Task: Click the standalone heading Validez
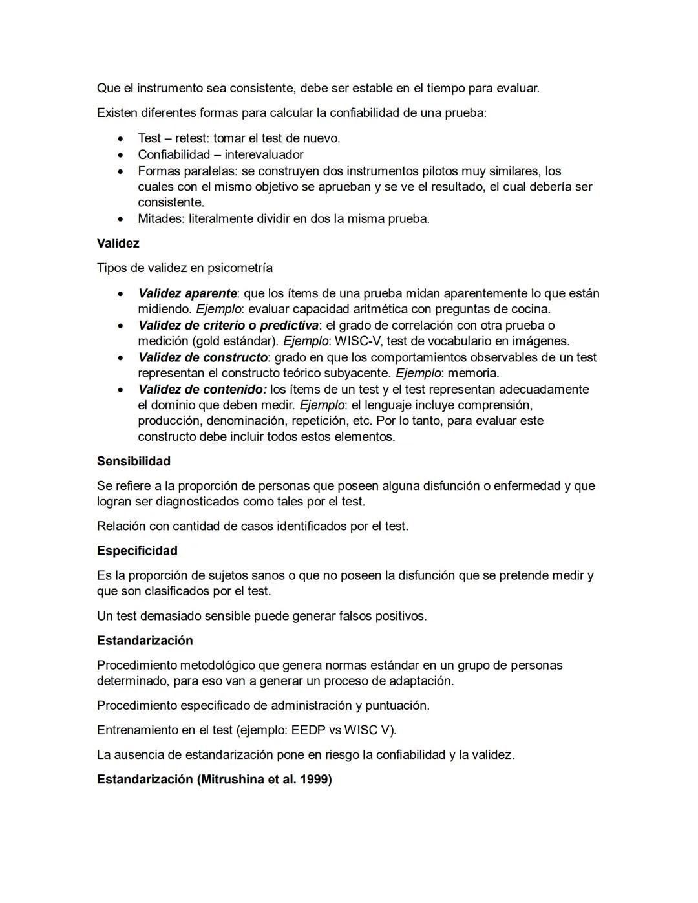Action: [118, 244]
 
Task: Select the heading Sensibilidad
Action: [134, 462]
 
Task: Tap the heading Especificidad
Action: [137, 551]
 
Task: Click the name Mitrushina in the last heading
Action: [233, 780]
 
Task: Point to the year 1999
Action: [314, 780]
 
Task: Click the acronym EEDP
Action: [308, 730]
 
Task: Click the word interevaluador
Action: [264, 154]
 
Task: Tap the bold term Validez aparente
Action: [187, 293]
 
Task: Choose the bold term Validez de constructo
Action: [202, 357]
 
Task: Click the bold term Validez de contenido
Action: [202, 390]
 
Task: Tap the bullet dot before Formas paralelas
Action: [120, 172]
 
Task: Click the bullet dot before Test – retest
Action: [120, 139]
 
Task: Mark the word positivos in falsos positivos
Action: [399, 616]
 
